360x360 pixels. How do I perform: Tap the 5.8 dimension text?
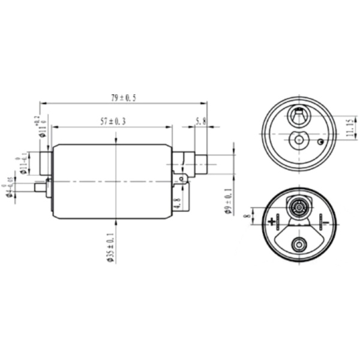click(x=200, y=121)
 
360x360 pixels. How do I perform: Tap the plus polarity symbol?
click(x=273, y=221)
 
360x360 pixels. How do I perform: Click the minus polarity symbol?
click(x=325, y=221)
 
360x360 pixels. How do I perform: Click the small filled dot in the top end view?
click(x=321, y=142)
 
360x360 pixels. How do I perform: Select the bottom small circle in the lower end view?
click(x=298, y=244)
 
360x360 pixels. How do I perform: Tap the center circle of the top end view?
click(x=298, y=140)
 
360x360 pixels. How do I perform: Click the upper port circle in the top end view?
click(x=298, y=113)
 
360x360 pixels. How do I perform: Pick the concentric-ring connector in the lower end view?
click(x=298, y=207)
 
